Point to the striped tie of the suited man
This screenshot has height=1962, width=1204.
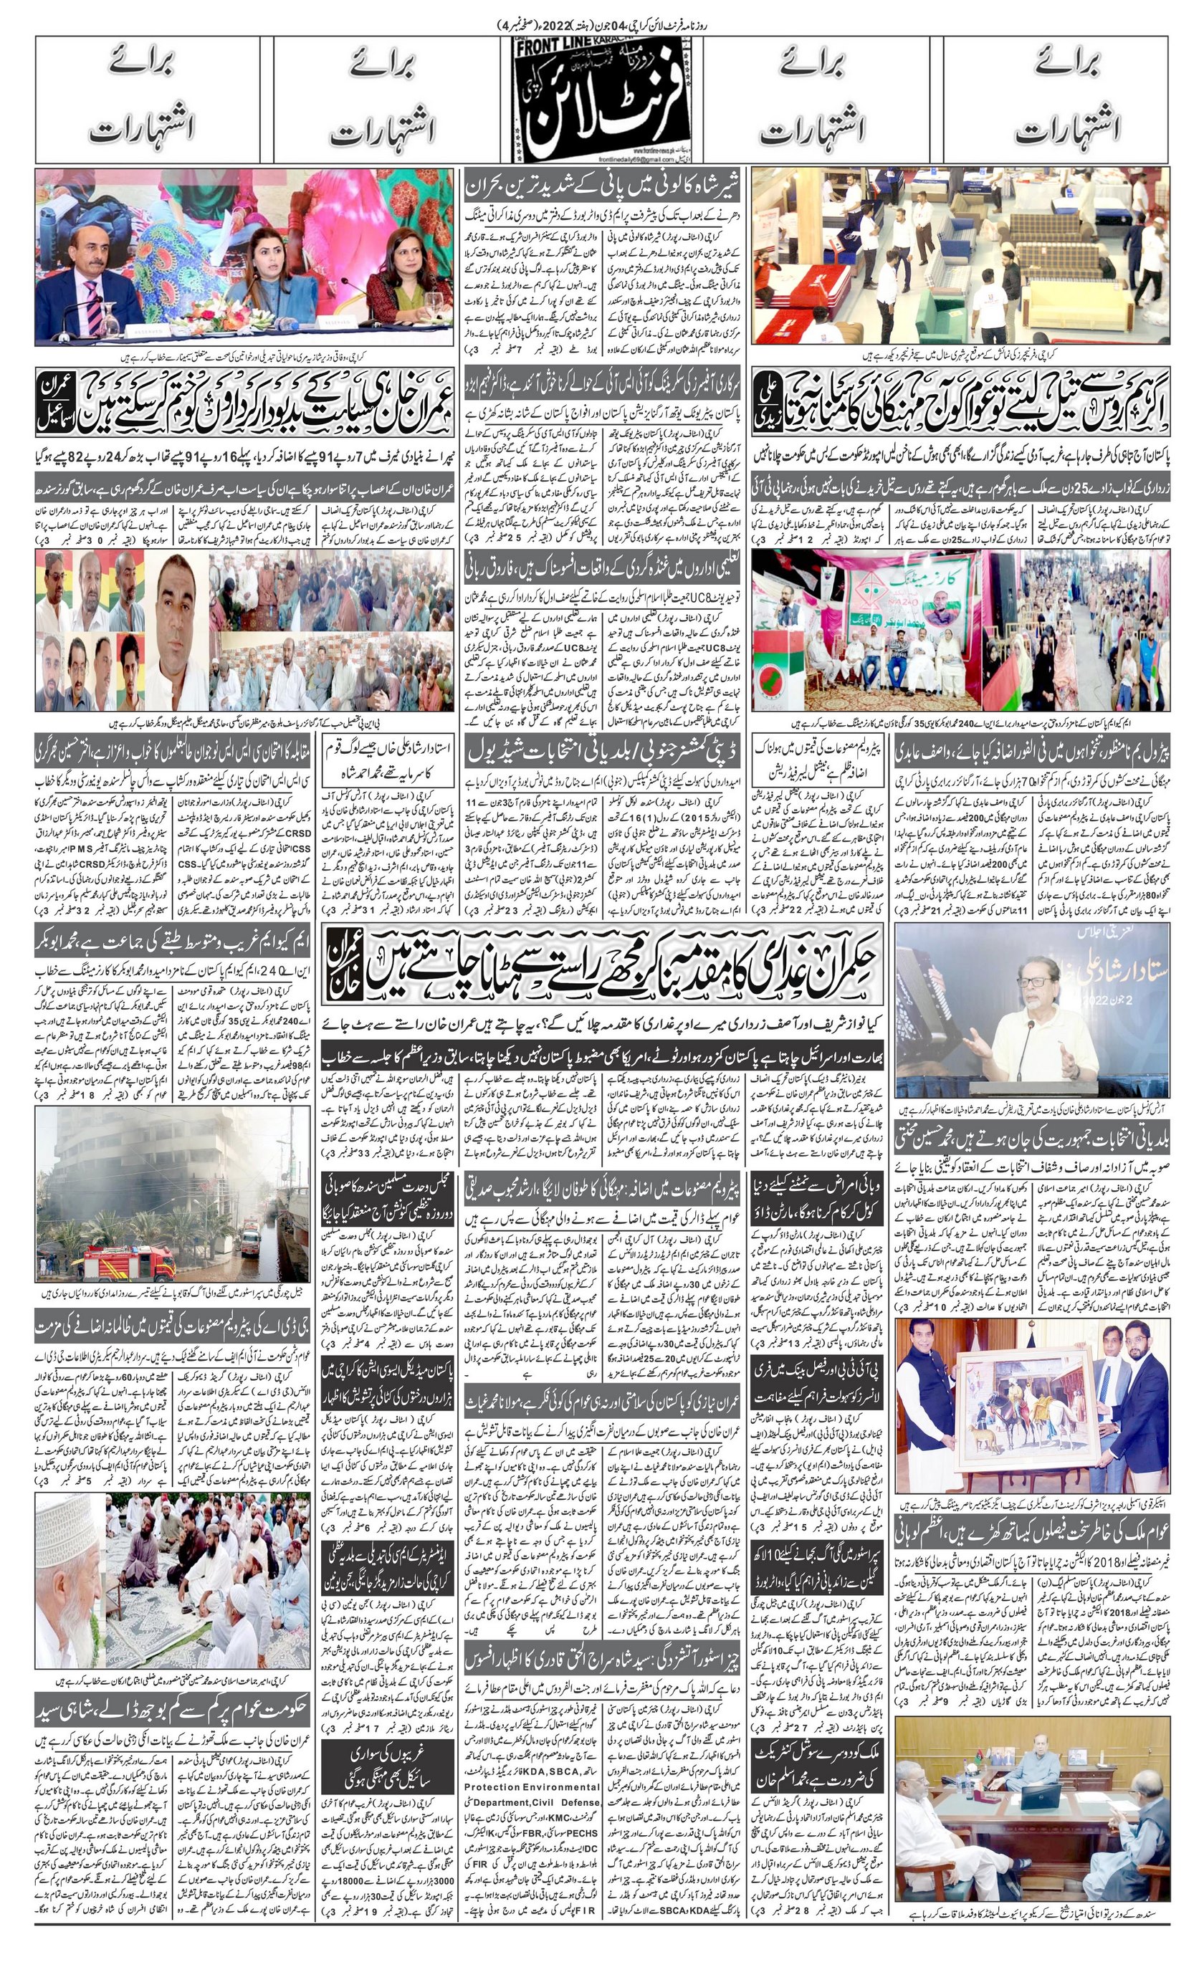point(94,294)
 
